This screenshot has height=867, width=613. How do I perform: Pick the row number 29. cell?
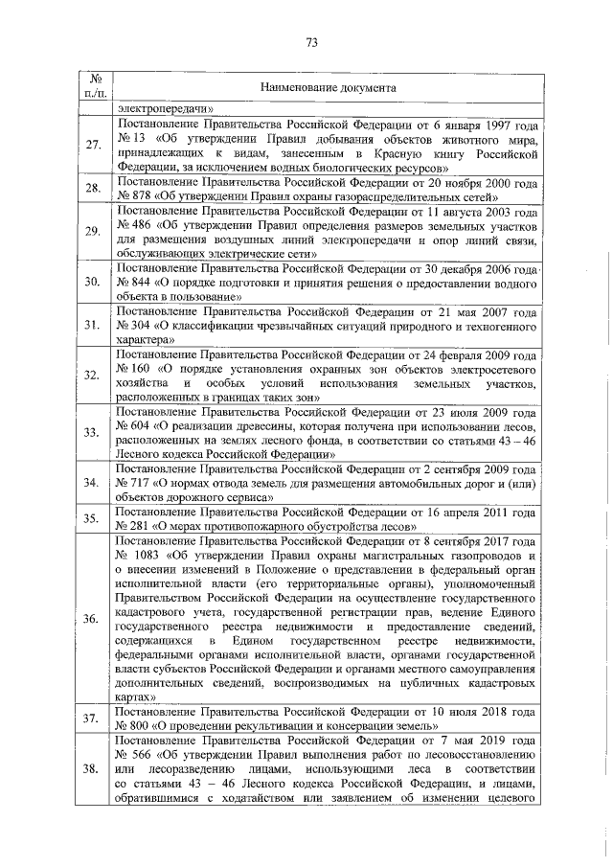[x=93, y=231]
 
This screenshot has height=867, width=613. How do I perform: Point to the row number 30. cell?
[x=93, y=283]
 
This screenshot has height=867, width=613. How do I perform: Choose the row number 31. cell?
[x=93, y=326]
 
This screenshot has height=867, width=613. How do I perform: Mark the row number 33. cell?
[x=93, y=433]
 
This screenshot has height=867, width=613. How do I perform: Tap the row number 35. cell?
[x=93, y=519]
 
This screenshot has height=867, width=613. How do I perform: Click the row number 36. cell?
[x=93, y=620]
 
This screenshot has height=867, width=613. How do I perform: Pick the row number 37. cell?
[x=93, y=719]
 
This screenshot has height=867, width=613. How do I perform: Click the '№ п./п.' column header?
[x=93, y=87]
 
